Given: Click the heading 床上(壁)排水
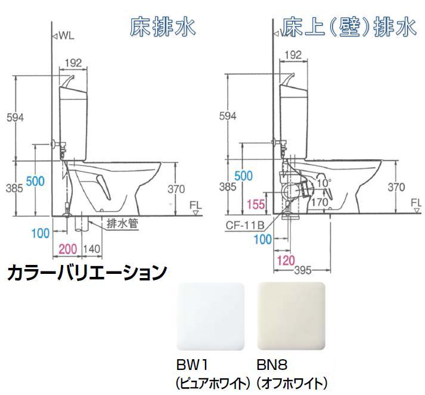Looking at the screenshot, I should coord(349,27).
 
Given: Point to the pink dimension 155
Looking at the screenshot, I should coord(255,205).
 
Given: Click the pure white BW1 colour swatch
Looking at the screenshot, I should coord(211,316).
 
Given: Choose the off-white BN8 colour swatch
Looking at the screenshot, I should coord(290,316).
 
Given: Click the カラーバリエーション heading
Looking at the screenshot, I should coord(86,273).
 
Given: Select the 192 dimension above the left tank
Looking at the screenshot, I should coord(75,62).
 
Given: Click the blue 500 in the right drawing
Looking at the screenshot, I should coord(244,175).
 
